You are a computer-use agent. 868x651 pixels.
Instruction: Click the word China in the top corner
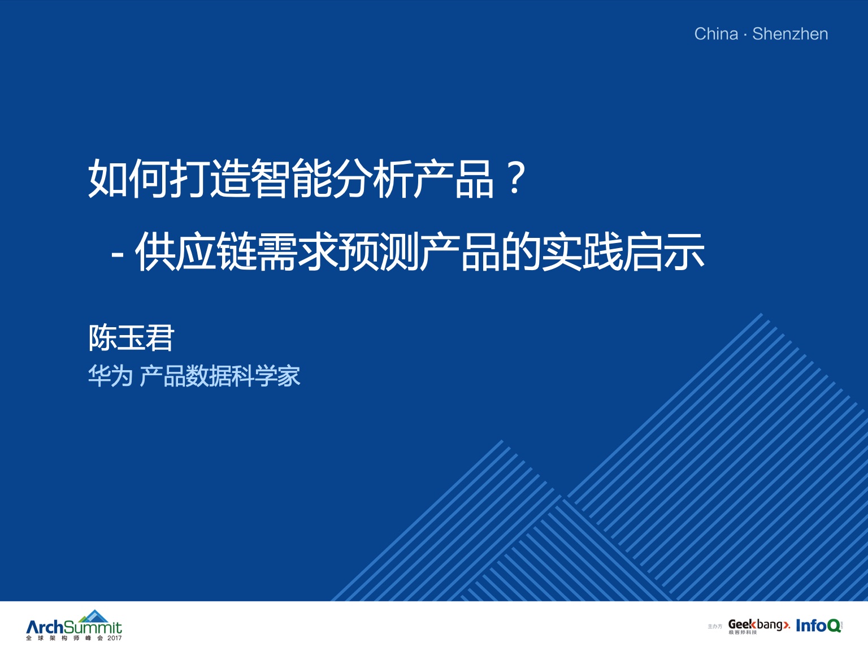[x=716, y=34]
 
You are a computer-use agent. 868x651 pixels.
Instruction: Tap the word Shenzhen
[x=790, y=34]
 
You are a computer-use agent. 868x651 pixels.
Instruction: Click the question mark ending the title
[x=516, y=179]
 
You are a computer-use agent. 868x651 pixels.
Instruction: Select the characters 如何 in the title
[x=128, y=178]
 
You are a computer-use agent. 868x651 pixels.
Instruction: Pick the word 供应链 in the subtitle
[x=196, y=252]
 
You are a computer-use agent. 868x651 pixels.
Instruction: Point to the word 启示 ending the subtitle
[x=664, y=252]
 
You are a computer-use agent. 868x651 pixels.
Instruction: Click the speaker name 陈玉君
[x=131, y=338]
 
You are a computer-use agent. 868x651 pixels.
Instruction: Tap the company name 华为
[x=110, y=375]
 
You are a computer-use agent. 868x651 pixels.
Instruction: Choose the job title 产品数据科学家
[x=220, y=375]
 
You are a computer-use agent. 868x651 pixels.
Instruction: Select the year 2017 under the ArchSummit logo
[x=114, y=638]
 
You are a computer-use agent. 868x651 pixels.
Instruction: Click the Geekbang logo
[x=759, y=626]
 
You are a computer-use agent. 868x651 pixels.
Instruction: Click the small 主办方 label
[x=714, y=627]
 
